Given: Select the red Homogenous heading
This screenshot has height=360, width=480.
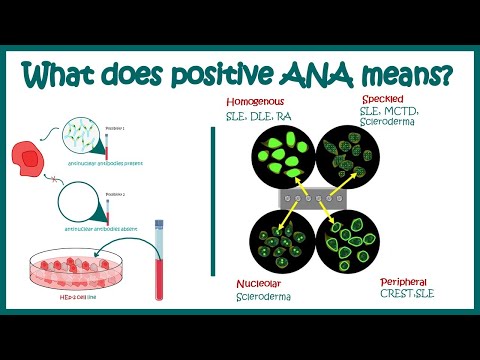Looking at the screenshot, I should click(x=255, y=103).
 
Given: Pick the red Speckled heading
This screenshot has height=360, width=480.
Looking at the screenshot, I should click(x=386, y=102).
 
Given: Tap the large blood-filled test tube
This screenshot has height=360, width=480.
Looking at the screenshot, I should click(x=158, y=261).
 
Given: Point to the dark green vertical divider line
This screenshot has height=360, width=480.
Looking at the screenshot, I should click(x=213, y=205).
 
